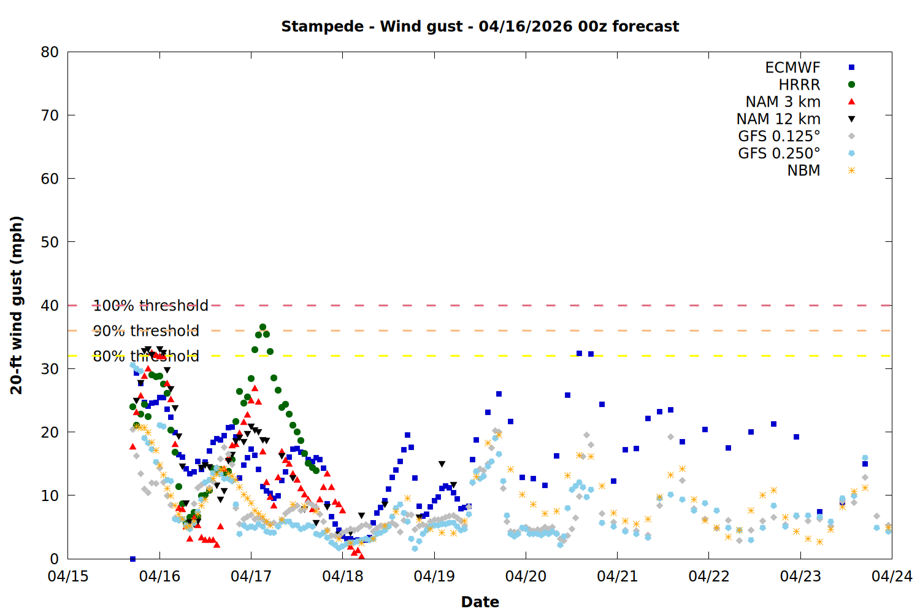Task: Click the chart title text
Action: point(480,26)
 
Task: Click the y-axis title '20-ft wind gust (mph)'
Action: point(17,305)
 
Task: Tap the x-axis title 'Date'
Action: point(480,602)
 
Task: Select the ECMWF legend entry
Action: point(792,68)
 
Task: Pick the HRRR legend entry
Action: point(799,85)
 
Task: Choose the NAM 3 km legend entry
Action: point(783,102)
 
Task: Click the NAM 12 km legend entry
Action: point(778,119)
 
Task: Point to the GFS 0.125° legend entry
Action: point(779,136)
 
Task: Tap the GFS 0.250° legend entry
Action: point(779,153)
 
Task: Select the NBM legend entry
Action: point(803,171)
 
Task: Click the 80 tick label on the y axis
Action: point(50,52)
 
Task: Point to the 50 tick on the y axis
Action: point(50,242)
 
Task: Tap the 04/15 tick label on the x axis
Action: point(67,577)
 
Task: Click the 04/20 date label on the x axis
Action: point(526,577)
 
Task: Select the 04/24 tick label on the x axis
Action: point(892,577)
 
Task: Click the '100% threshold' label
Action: point(150,306)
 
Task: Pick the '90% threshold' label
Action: point(146,331)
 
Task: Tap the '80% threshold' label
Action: point(146,356)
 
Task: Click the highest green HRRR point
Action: point(263,327)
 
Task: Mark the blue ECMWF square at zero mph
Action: point(132,559)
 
